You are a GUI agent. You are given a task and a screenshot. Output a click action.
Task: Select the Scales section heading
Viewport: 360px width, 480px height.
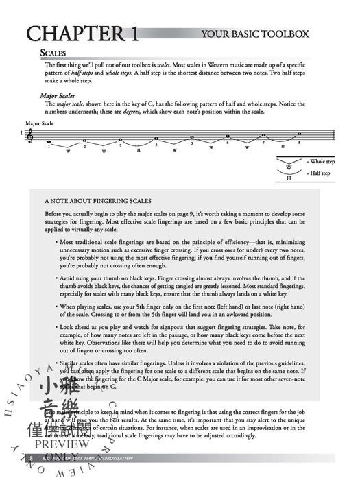point(52,52)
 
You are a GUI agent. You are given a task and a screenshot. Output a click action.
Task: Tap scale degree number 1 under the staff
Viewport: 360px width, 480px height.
point(49,145)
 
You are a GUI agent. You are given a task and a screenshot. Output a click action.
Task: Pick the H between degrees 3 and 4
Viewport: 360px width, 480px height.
point(139,149)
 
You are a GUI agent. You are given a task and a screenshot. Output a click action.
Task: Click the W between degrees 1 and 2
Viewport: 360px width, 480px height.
point(67,150)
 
